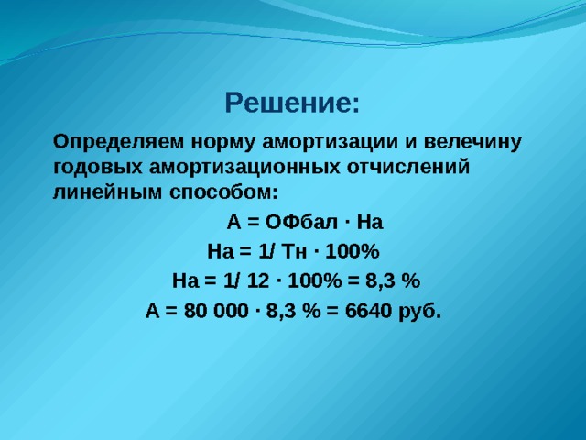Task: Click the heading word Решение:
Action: coord(292,103)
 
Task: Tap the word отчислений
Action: coord(408,168)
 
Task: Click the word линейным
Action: coord(107,192)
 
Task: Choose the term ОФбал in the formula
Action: coord(301,222)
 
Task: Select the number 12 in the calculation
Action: coord(257,280)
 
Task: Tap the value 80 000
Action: coord(216,311)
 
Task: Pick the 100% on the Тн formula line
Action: coord(353,251)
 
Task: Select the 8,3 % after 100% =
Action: coord(393,280)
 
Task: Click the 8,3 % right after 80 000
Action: coord(293,311)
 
